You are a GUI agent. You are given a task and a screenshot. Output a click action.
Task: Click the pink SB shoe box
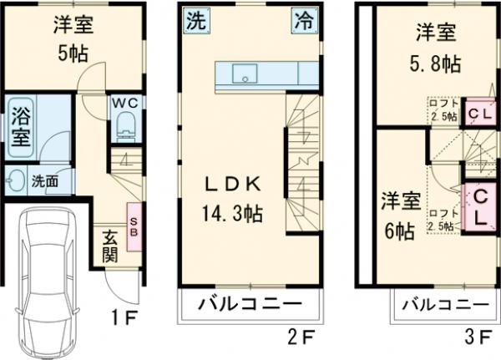click(x=132, y=221)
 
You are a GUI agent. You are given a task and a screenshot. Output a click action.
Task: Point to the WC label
click(x=125, y=103)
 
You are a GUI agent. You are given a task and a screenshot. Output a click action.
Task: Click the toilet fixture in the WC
click(x=125, y=125)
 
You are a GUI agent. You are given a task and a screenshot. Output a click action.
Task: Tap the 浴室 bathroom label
click(x=19, y=126)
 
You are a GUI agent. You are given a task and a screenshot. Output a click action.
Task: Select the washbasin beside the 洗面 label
click(x=17, y=180)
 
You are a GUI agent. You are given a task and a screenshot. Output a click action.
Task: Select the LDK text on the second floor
click(x=232, y=185)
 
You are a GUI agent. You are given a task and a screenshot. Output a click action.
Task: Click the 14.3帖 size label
click(x=232, y=214)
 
